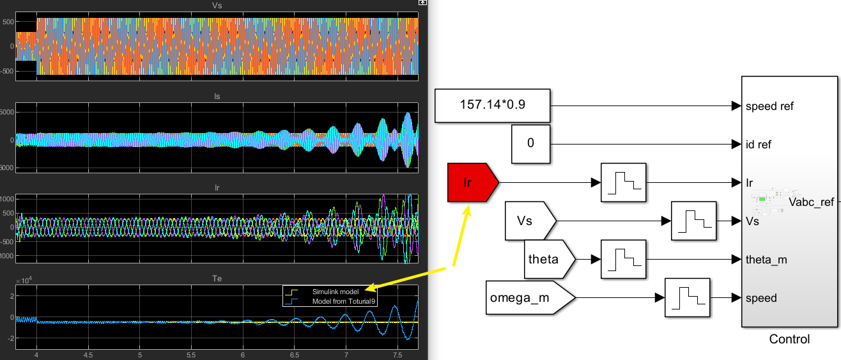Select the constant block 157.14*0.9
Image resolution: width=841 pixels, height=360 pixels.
click(x=492, y=106)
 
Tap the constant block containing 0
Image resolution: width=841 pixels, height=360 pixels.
click(x=530, y=144)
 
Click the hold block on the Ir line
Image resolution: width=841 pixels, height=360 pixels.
click(x=624, y=183)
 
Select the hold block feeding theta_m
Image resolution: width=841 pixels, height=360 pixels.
click(x=624, y=259)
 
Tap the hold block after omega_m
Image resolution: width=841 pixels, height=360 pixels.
click(x=688, y=297)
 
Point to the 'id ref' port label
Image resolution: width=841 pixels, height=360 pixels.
click(x=759, y=145)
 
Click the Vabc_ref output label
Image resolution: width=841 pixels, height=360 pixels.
click(x=812, y=202)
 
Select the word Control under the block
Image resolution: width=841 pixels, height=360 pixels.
click(x=789, y=340)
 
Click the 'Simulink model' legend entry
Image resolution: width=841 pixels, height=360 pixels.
click(x=336, y=292)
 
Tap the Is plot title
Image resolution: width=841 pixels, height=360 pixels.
click(x=217, y=97)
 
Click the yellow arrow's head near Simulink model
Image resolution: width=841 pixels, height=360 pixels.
click(x=370, y=288)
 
